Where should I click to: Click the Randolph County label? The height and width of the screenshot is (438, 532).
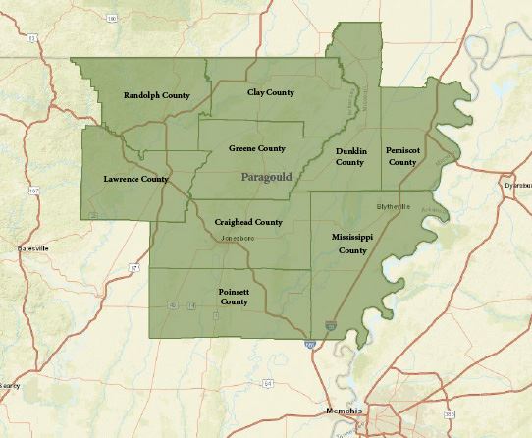(157, 95)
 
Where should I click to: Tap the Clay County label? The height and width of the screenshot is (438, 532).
(271, 91)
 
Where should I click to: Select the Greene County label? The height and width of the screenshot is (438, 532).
(257, 148)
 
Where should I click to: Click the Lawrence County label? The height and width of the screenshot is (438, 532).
(135, 179)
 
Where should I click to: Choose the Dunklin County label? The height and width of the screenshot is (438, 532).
(350, 156)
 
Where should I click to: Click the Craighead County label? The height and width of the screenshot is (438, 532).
(248, 222)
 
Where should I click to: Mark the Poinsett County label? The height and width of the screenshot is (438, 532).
(234, 297)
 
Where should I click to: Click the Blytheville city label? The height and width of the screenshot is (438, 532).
(394, 206)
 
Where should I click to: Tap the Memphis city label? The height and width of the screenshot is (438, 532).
(344, 410)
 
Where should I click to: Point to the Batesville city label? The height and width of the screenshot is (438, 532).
(32, 248)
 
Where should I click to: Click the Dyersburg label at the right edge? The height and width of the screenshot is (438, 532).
(516, 185)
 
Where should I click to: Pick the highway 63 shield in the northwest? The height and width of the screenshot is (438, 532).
(31, 38)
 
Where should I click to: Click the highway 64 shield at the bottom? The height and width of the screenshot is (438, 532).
(267, 382)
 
